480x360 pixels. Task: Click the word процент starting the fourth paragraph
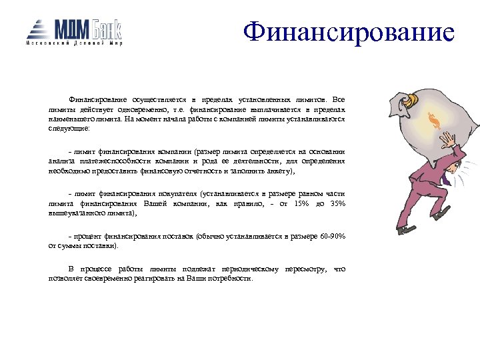click(85, 237)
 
